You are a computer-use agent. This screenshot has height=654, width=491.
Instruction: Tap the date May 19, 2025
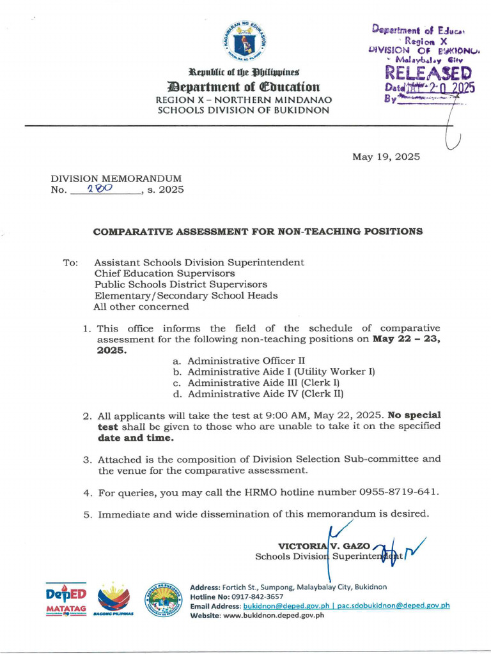click(386, 156)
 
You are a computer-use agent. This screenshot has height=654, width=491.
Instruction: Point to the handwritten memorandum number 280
click(100, 189)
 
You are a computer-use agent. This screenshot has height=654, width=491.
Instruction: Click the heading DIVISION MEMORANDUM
click(116, 179)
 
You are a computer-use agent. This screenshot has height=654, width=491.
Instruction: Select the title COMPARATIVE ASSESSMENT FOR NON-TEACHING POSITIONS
click(258, 231)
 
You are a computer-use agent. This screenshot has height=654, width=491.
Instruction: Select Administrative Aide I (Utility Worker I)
click(281, 371)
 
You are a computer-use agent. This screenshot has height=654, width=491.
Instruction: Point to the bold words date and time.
click(135, 438)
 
